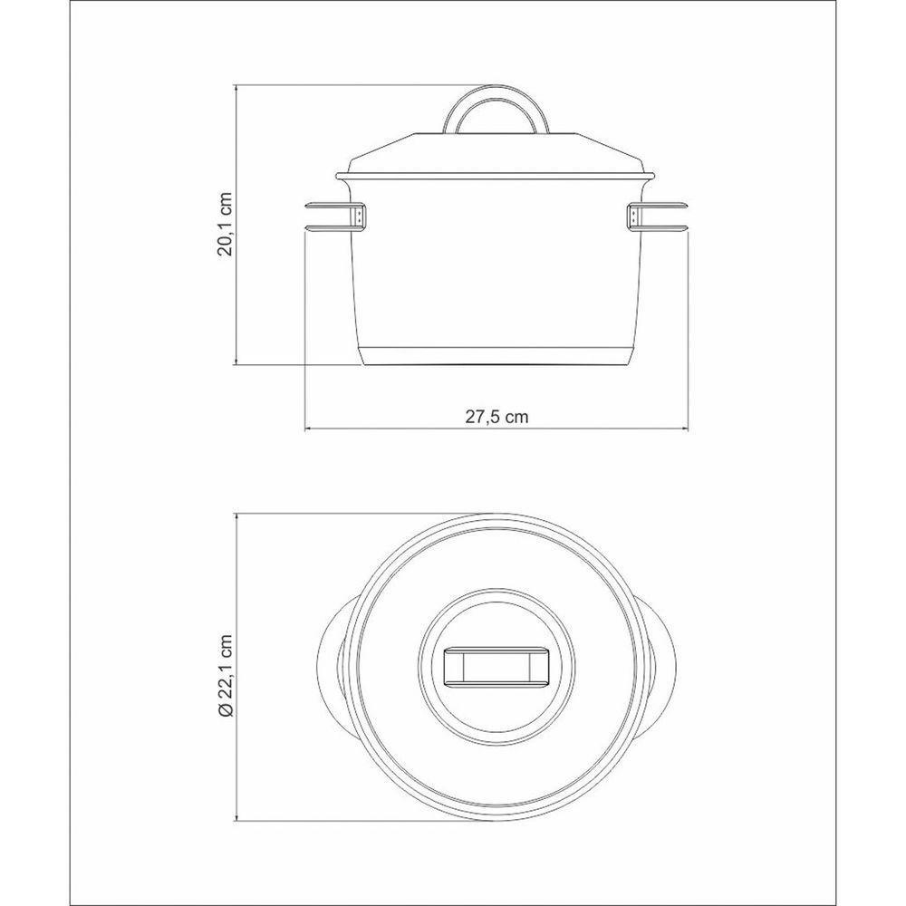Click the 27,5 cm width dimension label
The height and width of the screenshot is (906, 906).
tap(496, 417)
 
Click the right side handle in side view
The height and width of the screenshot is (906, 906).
tap(659, 217)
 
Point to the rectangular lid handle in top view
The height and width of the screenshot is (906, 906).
tap(496, 668)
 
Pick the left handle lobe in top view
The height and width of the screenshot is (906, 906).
tap(333, 668)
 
